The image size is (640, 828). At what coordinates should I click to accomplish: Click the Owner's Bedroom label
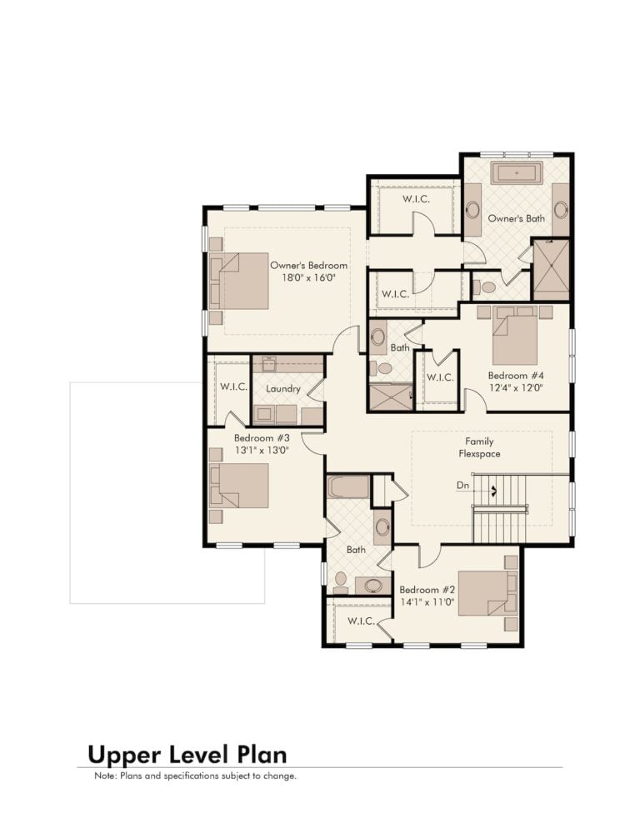[x=308, y=266]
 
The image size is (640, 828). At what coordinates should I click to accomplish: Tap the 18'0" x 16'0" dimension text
[x=308, y=277]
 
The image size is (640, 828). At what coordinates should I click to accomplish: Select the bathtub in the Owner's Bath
[x=517, y=173]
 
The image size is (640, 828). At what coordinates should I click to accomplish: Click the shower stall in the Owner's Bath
[x=551, y=270]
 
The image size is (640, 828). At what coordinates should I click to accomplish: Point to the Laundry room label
[x=283, y=389]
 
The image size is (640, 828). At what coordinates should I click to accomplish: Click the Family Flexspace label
[x=479, y=447]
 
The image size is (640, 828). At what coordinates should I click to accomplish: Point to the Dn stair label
[x=463, y=486]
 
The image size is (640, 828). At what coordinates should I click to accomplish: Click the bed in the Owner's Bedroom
[x=239, y=281]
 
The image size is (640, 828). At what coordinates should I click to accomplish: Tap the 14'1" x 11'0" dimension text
[x=427, y=602]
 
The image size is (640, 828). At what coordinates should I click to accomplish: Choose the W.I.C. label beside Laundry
[x=233, y=387]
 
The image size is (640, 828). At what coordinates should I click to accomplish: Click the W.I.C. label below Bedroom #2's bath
[x=362, y=621]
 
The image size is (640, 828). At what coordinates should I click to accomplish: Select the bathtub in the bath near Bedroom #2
[x=347, y=486]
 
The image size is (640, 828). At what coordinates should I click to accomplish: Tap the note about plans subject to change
[x=196, y=776]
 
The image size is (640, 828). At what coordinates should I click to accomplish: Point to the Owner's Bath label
[x=517, y=218]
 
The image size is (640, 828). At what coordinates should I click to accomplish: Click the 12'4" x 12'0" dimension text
[x=516, y=387]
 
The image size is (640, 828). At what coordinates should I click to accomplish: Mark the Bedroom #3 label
[x=262, y=438]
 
